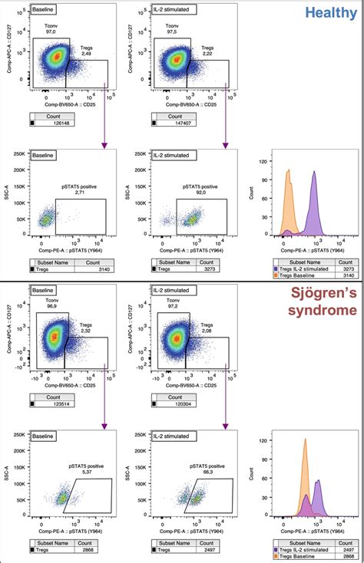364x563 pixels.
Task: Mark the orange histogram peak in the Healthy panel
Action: (288, 170)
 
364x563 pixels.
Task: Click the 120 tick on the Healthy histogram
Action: (262, 163)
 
